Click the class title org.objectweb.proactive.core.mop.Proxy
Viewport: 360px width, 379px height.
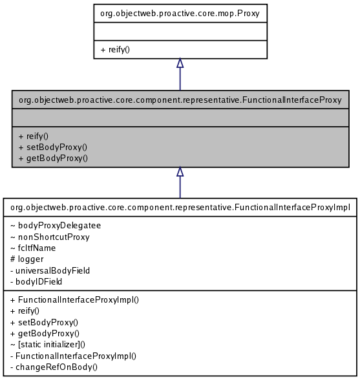(180, 12)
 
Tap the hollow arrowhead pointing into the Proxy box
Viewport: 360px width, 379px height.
(180, 63)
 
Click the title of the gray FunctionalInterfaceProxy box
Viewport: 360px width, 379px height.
(180, 100)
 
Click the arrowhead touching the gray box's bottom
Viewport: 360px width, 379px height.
(180, 172)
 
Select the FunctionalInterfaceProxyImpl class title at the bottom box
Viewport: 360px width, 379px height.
(180, 208)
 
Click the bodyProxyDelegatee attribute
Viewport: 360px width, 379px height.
(55, 226)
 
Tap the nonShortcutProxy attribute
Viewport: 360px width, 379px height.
(50, 237)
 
